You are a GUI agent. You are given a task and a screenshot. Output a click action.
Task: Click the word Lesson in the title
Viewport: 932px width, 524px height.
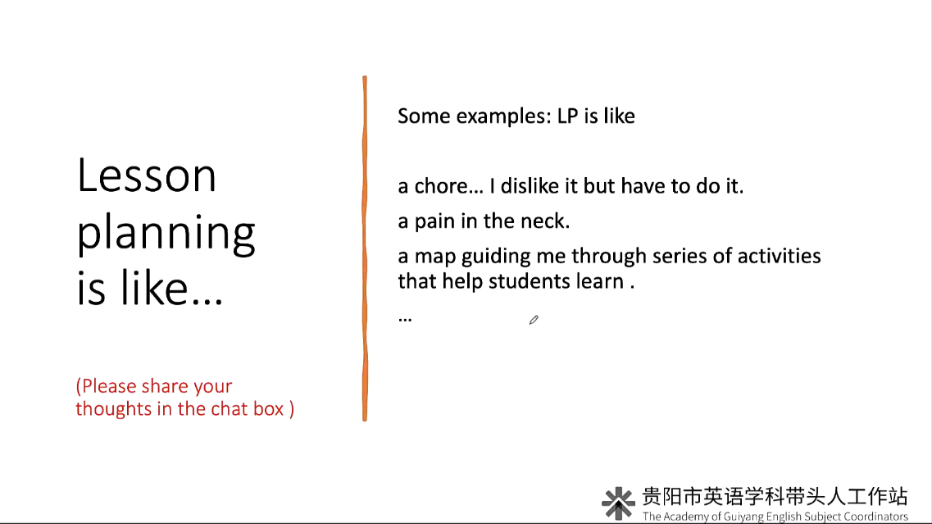pos(146,175)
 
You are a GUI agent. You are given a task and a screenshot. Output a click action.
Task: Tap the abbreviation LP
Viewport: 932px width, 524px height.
pos(567,116)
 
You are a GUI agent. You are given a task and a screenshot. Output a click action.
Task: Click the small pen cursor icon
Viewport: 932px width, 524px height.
pos(534,320)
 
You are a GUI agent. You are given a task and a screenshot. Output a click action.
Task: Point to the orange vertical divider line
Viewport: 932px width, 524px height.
pos(365,248)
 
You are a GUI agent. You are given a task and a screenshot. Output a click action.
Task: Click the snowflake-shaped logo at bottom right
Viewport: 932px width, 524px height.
pos(618,503)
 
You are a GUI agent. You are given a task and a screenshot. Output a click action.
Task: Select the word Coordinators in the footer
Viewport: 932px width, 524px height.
pos(875,517)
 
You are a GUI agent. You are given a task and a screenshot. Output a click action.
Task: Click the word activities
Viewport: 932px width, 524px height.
pos(780,256)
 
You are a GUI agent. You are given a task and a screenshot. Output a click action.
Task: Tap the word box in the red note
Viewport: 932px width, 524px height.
pos(268,408)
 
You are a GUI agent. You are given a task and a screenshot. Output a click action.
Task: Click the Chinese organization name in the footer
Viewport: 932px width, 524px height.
pos(775,496)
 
